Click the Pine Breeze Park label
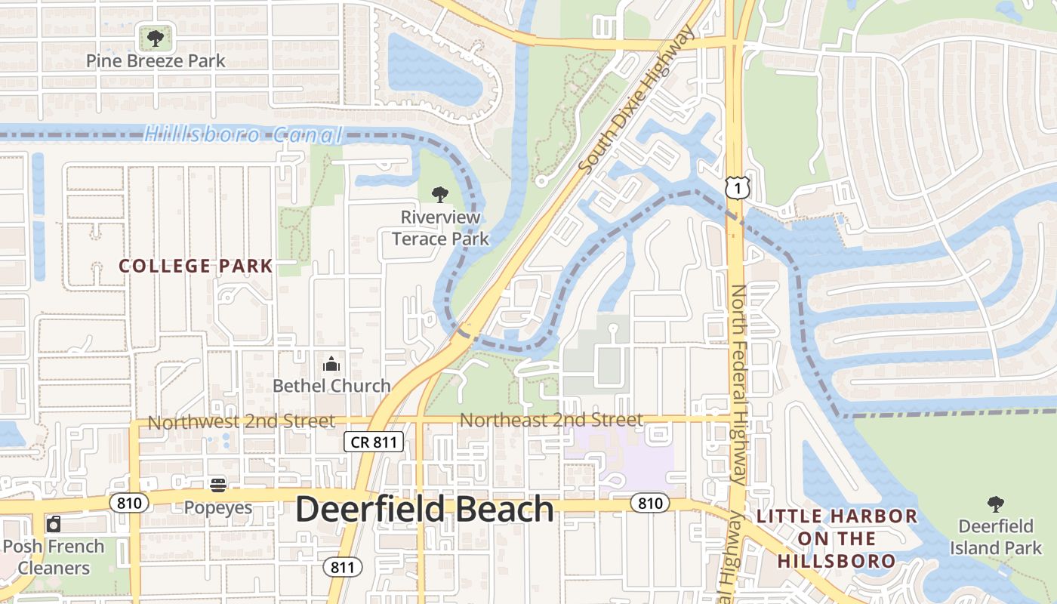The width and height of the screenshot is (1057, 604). pyautogui.click(x=155, y=60)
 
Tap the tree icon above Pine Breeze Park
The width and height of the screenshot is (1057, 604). pyautogui.click(x=155, y=37)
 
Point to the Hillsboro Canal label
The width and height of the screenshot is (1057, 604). pyautogui.click(x=243, y=135)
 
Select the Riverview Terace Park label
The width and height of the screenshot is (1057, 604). pyautogui.click(x=440, y=228)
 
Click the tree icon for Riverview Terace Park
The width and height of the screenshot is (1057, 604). pyautogui.click(x=440, y=195)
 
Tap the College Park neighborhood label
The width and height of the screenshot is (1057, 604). pyautogui.click(x=196, y=266)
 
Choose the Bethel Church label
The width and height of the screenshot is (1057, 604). pyautogui.click(x=331, y=386)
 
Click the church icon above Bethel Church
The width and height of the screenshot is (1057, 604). pyautogui.click(x=331, y=365)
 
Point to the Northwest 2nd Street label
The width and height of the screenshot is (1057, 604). pyautogui.click(x=241, y=421)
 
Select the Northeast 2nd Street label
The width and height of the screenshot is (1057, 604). pyautogui.click(x=551, y=420)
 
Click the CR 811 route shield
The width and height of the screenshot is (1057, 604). pyautogui.click(x=374, y=442)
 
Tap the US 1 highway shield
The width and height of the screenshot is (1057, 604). pyautogui.click(x=736, y=187)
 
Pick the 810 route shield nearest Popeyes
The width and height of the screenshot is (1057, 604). pyautogui.click(x=129, y=502)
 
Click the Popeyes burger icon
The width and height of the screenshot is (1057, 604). pyautogui.click(x=218, y=485)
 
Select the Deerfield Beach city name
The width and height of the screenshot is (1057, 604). pyautogui.click(x=424, y=510)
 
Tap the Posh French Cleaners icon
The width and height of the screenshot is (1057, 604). pyautogui.click(x=54, y=523)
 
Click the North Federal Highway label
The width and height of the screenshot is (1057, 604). pyautogui.click(x=739, y=385)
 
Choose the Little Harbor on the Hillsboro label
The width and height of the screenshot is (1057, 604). pyautogui.click(x=837, y=538)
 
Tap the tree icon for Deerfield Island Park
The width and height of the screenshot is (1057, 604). pyautogui.click(x=995, y=504)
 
